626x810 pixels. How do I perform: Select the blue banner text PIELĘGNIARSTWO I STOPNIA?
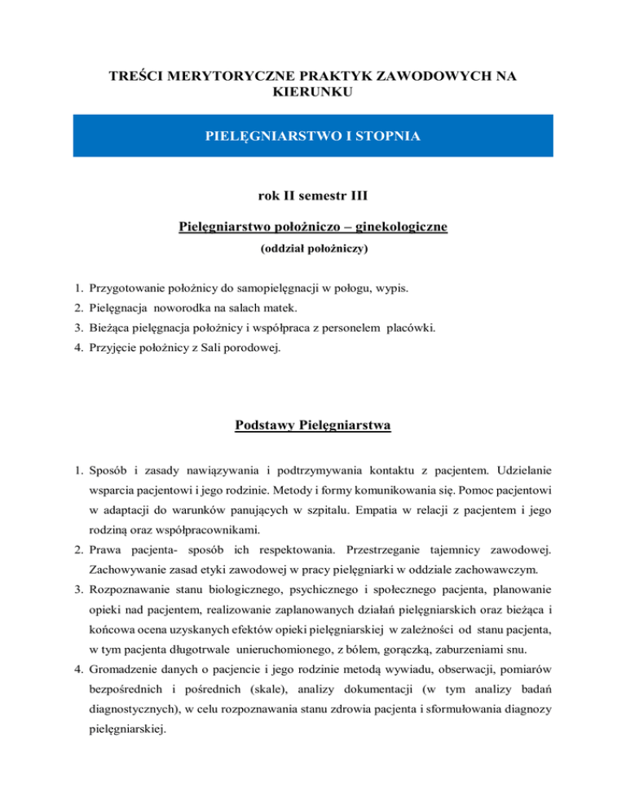(x=312, y=135)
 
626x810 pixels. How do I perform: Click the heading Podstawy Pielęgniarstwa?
(x=312, y=425)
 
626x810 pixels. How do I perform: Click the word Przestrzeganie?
(x=391, y=552)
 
